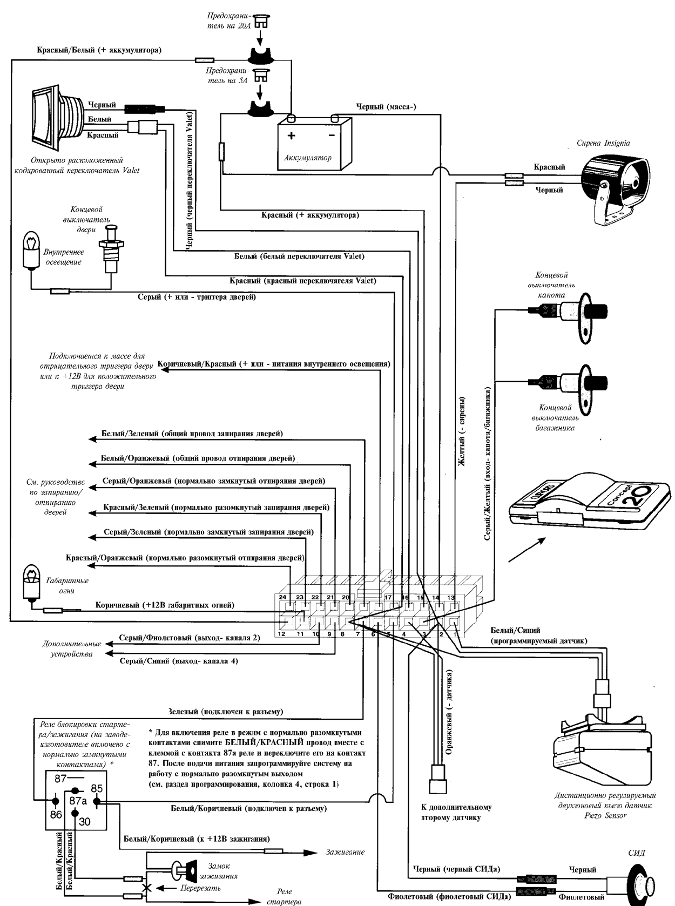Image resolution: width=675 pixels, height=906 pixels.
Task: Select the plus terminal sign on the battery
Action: point(292,135)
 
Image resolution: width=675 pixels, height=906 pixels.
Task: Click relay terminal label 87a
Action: point(78,801)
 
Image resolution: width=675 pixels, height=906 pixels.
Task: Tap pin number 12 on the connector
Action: point(281,633)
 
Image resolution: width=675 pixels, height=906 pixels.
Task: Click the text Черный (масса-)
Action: point(386,107)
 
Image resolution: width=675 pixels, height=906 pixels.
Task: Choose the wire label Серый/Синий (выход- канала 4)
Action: point(178,661)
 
